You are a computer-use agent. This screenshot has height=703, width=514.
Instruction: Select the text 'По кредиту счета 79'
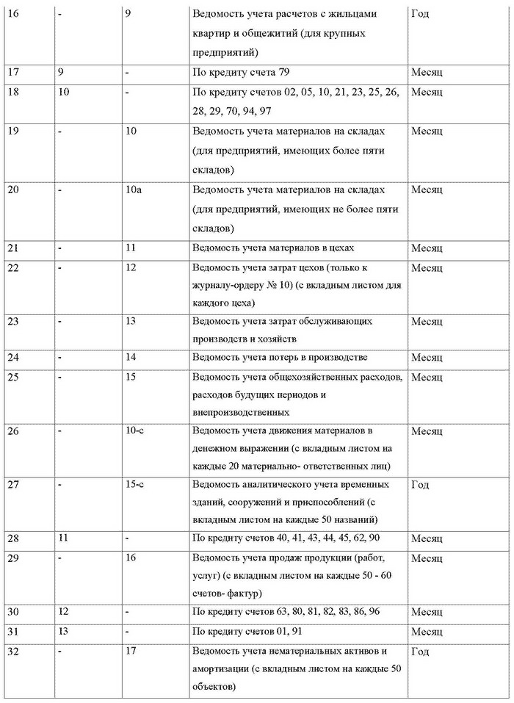(x=246, y=73)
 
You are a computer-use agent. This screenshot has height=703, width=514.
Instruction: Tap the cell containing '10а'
(x=133, y=190)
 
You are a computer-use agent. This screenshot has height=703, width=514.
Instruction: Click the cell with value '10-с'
(x=134, y=430)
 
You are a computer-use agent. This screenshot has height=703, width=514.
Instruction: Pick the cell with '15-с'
(x=134, y=485)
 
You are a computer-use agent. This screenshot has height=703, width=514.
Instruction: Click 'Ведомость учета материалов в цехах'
(x=283, y=248)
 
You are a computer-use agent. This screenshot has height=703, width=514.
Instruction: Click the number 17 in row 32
(x=131, y=651)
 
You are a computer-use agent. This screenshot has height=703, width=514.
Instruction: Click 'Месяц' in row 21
(x=426, y=248)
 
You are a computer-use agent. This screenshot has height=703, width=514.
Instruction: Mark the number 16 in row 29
(x=131, y=558)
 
